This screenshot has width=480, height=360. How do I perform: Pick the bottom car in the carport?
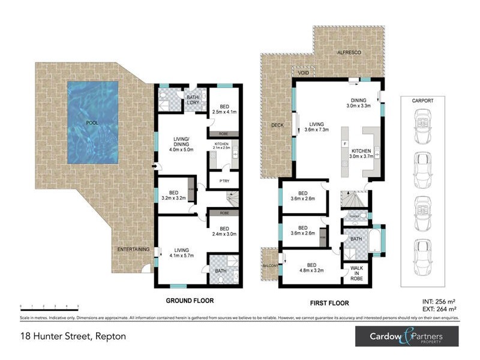tap(422, 251)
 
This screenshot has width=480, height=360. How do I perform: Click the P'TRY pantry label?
tap(217, 180)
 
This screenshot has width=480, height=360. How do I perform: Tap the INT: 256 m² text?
tap(439, 301)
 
